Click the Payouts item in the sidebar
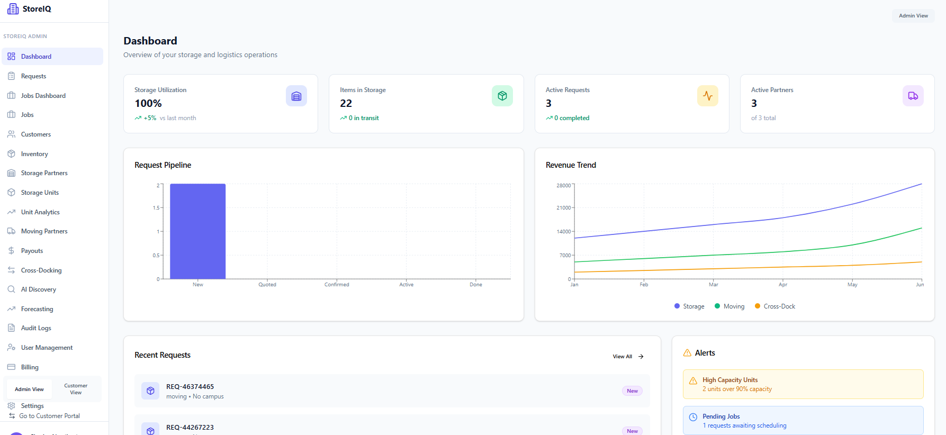pyautogui.click(x=32, y=251)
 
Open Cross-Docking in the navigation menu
pyautogui.click(x=41, y=270)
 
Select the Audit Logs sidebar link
pyautogui.click(x=36, y=328)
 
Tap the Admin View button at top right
pyautogui.click(x=913, y=16)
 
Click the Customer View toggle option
pyautogui.click(x=76, y=389)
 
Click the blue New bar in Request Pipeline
pyautogui.click(x=197, y=231)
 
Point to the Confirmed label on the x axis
pyautogui.click(x=337, y=285)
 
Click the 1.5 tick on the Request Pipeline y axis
pyautogui.click(x=156, y=208)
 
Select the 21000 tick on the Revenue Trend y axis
pyautogui.click(x=563, y=208)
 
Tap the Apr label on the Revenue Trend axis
pyautogui.click(x=782, y=285)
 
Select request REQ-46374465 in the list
pyautogui.click(x=190, y=387)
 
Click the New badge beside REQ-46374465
pyautogui.click(x=632, y=391)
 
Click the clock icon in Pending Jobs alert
pyautogui.click(x=693, y=417)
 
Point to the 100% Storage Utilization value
pyautogui.click(x=148, y=104)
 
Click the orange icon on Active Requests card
pyautogui.click(x=707, y=96)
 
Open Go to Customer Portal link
pyautogui.click(x=49, y=416)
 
